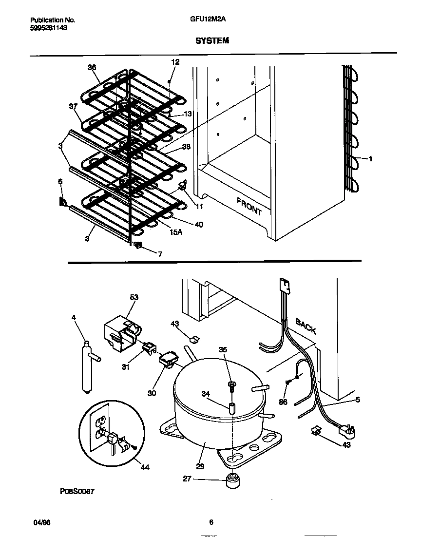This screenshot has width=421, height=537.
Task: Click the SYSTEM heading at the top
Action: click(212, 41)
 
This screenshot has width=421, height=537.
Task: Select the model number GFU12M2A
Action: click(210, 20)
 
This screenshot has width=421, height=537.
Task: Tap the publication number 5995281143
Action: click(49, 28)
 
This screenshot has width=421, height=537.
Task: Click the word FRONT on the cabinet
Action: click(249, 206)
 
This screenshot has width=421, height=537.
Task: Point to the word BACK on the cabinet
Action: click(306, 326)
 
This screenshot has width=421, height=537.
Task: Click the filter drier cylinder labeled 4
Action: click(87, 366)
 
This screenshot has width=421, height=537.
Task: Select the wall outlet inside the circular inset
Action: click(101, 426)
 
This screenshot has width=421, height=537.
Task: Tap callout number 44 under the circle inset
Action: click(145, 468)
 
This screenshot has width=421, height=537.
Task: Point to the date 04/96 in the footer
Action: click(42, 522)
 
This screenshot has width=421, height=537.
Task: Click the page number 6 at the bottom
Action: click(211, 522)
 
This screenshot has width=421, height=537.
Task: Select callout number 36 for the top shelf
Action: click(92, 68)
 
